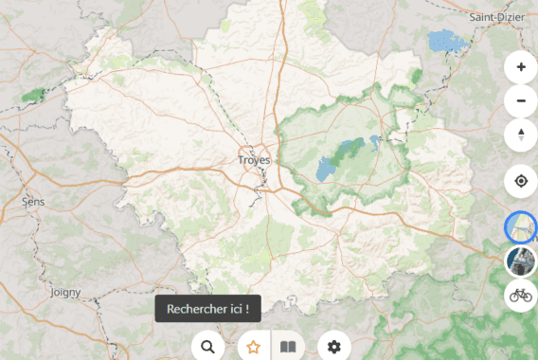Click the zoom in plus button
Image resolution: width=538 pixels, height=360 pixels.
click(x=521, y=68)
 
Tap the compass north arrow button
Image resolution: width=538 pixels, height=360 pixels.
click(x=521, y=135)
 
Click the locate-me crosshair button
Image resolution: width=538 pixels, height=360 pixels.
click(x=521, y=181)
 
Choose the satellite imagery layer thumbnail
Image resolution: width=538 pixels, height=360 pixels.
click(x=521, y=261)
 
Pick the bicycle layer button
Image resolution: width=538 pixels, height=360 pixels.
click(x=521, y=295)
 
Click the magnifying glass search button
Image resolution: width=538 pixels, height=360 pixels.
click(x=207, y=347)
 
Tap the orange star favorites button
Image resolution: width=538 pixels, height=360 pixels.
click(x=253, y=347)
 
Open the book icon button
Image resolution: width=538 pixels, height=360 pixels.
click(x=288, y=347)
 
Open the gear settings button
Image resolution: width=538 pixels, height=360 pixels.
click(x=333, y=347)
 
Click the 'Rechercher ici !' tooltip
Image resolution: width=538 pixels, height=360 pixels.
click(x=207, y=309)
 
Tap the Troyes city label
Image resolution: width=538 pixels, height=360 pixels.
click(x=254, y=160)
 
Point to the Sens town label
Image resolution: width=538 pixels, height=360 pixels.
click(x=33, y=202)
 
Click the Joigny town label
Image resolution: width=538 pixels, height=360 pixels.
click(x=65, y=293)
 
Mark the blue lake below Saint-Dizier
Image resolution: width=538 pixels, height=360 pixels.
click(x=444, y=41)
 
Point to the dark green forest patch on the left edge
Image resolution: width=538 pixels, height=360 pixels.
click(x=34, y=95)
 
